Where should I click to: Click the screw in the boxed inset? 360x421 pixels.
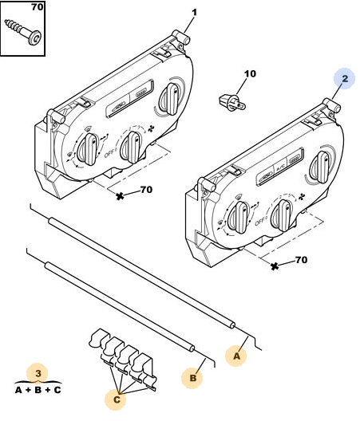coord(24,32)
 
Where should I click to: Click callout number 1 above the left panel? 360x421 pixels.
coord(194,13)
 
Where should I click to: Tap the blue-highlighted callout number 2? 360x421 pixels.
coord(345,79)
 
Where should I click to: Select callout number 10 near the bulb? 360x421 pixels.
coord(250,73)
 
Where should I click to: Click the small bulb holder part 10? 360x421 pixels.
coord(232,103)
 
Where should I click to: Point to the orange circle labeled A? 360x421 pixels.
coord(236,356)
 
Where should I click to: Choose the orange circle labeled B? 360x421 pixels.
coord(192,378)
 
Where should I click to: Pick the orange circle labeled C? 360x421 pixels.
coord(117,399)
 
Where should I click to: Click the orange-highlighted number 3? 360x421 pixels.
coord(38,373)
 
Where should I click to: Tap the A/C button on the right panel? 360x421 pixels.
coord(280,167)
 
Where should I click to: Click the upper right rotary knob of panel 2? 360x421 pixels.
coord(320,167)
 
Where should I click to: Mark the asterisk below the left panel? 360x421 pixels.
coord(120,196)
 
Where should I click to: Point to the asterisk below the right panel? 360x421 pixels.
coord(275,266)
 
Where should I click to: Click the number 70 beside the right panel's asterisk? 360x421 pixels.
coord(301,260)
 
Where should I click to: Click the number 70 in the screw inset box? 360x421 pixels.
coord(37,7)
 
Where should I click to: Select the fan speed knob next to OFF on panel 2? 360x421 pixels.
coord(282,215)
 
